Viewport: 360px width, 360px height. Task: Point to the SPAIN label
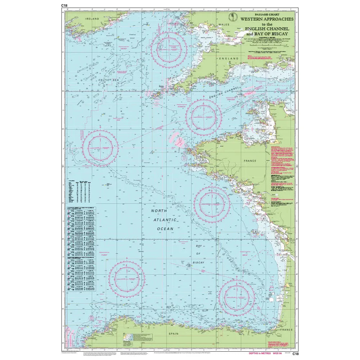coord(174,334)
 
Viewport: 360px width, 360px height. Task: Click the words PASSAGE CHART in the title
coord(267,14)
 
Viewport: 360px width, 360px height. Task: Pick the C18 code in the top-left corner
coord(64,5)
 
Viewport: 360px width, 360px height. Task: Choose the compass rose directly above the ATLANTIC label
coord(212,204)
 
